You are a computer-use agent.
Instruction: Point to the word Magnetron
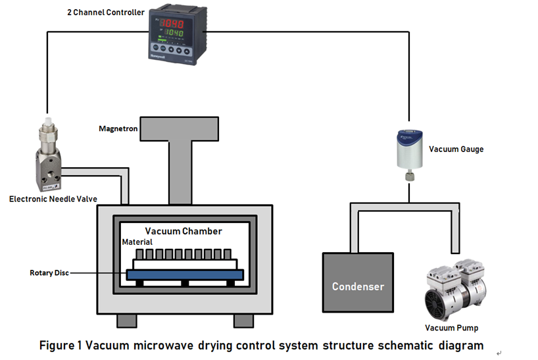click(x=118, y=128)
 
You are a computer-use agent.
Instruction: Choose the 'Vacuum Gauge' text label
click(x=456, y=149)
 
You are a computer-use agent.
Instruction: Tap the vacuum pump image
click(x=456, y=289)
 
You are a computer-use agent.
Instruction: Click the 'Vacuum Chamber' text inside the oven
click(x=183, y=231)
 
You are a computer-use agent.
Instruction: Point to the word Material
click(x=137, y=242)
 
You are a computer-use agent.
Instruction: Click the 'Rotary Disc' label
click(x=49, y=272)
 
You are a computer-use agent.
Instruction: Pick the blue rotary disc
click(x=184, y=274)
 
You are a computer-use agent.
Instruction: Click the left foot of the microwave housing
click(x=127, y=321)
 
